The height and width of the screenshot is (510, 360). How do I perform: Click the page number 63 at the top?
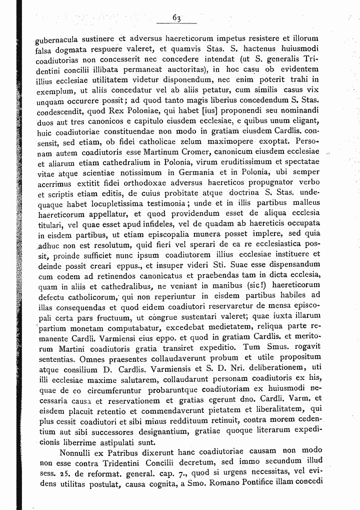pyautogui.click(x=176, y=19)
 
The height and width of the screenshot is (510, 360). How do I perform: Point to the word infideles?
pyautogui.click(x=144, y=224)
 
